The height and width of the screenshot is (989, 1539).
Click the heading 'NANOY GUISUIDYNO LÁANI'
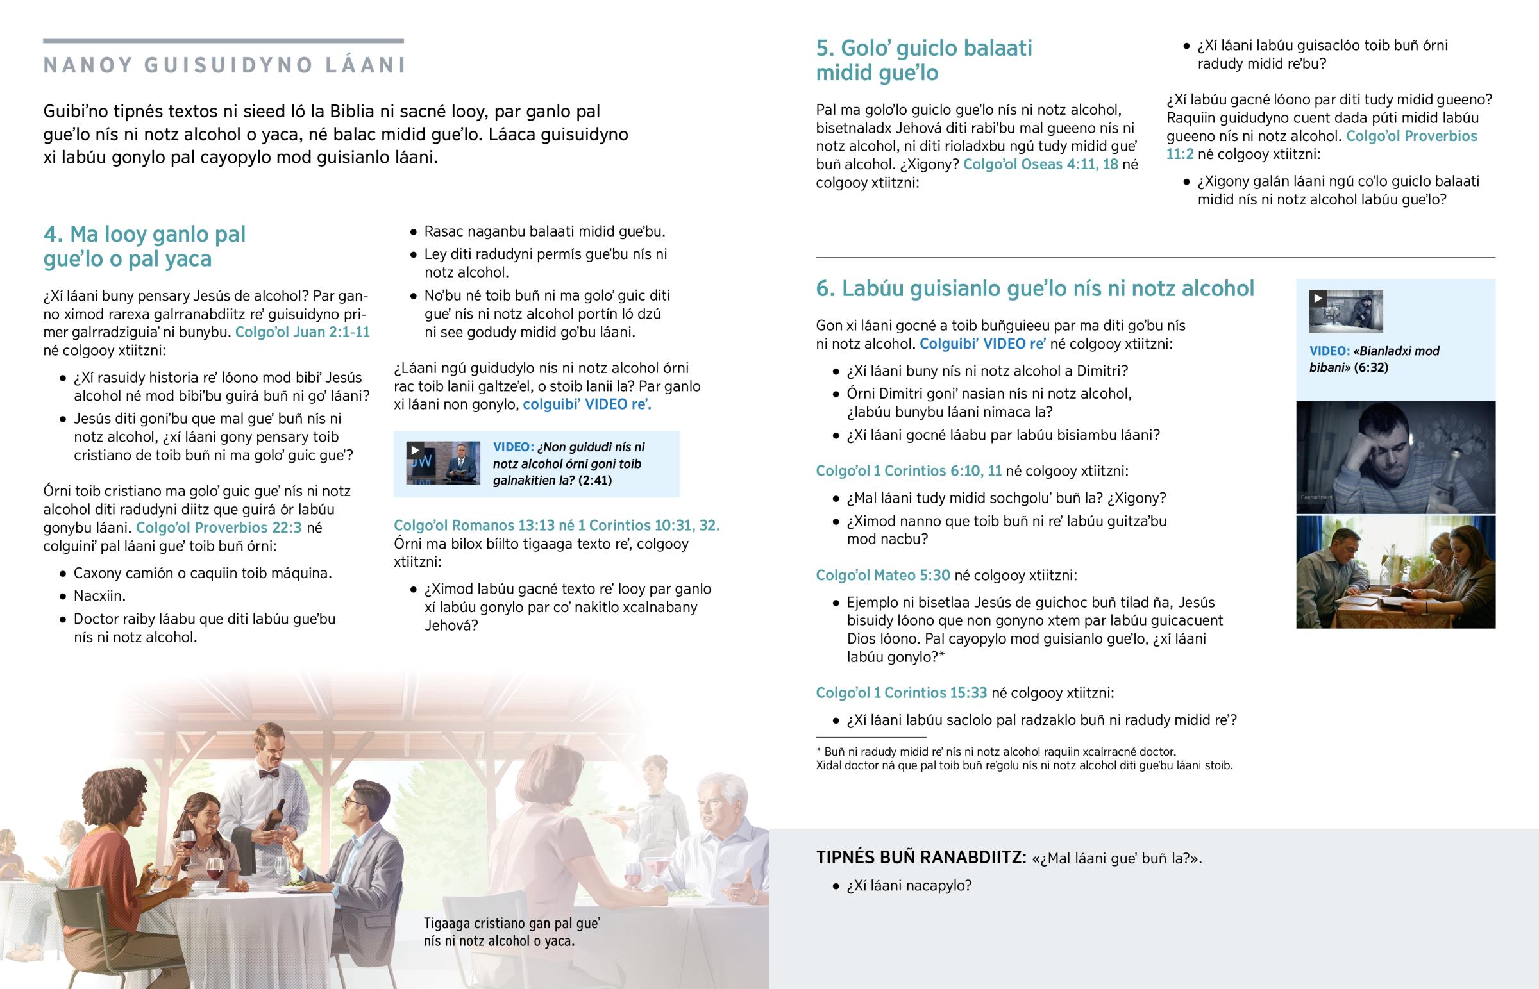(x=224, y=65)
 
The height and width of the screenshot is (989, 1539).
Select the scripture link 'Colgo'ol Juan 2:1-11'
(x=303, y=332)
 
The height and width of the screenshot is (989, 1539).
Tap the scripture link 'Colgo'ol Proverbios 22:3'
(x=219, y=528)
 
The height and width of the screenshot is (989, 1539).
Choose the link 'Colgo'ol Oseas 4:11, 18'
(x=1041, y=164)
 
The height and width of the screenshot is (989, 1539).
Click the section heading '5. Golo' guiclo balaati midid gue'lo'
(x=923, y=60)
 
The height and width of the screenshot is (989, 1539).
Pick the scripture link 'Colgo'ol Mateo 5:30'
(x=882, y=576)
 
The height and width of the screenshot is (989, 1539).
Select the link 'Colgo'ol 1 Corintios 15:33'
(x=901, y=693)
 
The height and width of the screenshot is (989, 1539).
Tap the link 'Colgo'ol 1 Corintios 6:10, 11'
(x=908, y=470)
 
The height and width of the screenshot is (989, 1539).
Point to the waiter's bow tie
(x=269, y=774)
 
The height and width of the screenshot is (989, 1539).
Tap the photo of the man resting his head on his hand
(x=1395, y=457)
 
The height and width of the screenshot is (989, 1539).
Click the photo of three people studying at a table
(x=1395, y=572)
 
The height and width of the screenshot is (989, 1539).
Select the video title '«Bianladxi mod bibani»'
(x=1374, y=359)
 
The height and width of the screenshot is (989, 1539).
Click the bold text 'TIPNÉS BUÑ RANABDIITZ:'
(x=921, y=858)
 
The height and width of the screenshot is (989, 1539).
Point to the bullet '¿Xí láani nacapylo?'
(x=909, y=886)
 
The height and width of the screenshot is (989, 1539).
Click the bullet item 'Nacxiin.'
(x=99, y=596)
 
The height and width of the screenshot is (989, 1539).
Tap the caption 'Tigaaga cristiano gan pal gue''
(x=511, y=924)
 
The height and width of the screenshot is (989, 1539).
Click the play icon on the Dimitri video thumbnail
(x=1317, y=298)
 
